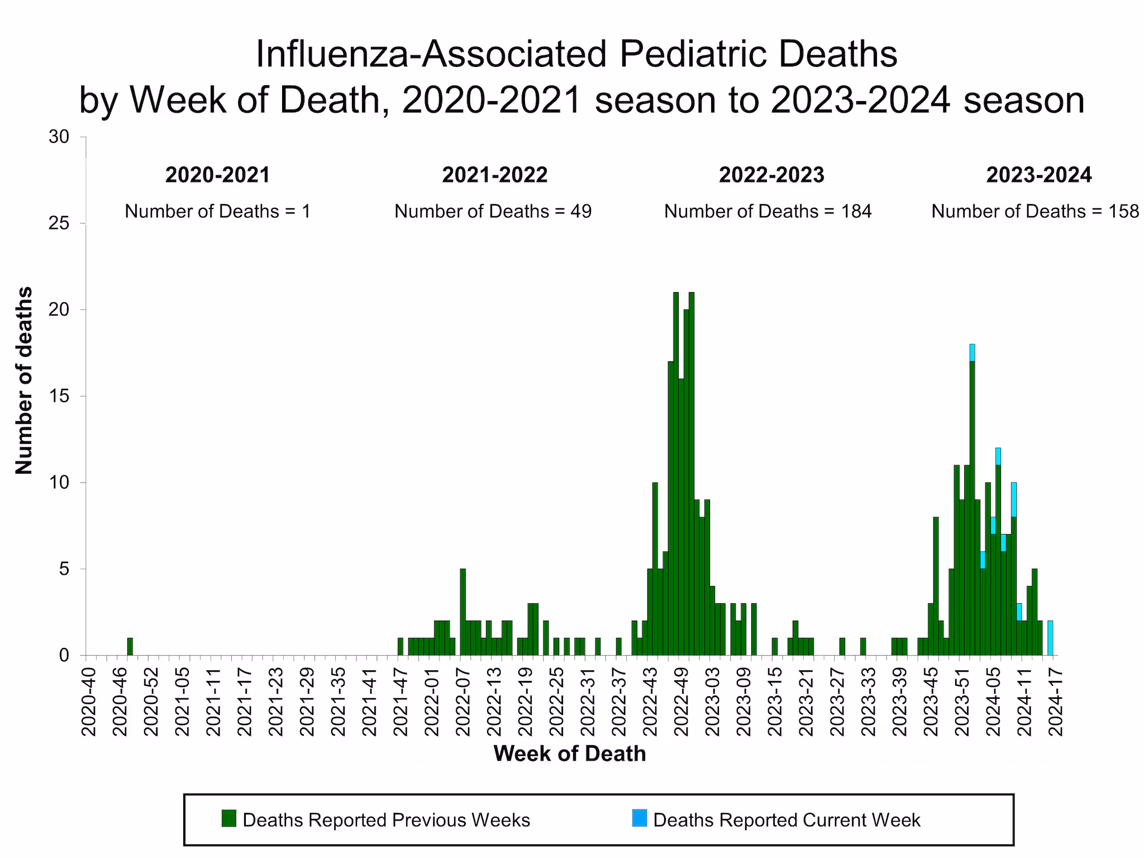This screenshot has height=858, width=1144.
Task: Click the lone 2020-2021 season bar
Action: click(130, 646)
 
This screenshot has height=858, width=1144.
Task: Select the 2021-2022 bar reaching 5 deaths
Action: click(463, 612)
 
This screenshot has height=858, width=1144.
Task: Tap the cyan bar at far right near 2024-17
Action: click(1050, 638)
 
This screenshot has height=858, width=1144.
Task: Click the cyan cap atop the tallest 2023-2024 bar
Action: click(972, 352)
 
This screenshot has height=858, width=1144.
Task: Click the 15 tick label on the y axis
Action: click(58, 396)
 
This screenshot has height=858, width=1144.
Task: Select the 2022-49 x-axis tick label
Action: click(681, 701)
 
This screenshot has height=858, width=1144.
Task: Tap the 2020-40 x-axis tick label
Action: click(88, 701)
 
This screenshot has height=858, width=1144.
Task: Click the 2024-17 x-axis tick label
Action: click(1056, 701)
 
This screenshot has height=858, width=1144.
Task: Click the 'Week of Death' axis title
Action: click(569, 754)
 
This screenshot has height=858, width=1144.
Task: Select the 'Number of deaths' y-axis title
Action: click(23, 380)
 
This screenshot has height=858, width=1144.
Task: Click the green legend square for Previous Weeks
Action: click(229, 818)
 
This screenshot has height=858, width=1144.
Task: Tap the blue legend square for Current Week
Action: click(640, 818)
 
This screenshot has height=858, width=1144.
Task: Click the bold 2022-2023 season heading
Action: click(771, 175)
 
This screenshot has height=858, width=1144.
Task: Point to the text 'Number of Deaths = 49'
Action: click(493, 211)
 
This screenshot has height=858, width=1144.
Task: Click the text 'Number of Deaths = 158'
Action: click(1035, 211)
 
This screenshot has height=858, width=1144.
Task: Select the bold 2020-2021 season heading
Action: click(217, 175)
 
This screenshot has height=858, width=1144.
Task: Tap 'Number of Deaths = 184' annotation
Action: click(768, 211)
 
